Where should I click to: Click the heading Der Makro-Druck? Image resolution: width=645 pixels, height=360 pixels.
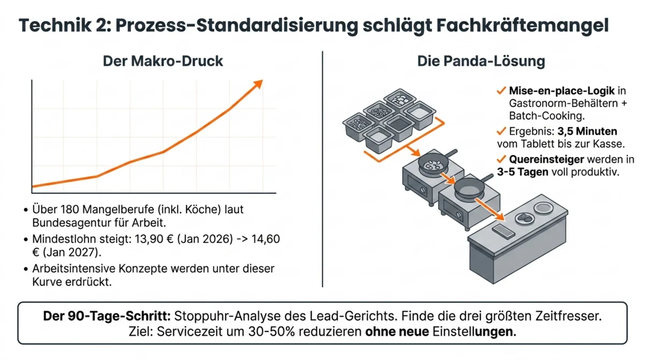click(163, 61)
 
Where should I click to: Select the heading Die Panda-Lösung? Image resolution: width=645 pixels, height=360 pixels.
click(481, 61)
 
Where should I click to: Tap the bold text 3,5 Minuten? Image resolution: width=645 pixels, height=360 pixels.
click(587, 131)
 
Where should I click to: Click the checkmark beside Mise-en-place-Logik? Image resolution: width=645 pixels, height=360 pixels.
click(501, 91)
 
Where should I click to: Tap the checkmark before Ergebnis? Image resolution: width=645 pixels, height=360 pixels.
click(501, 131)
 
